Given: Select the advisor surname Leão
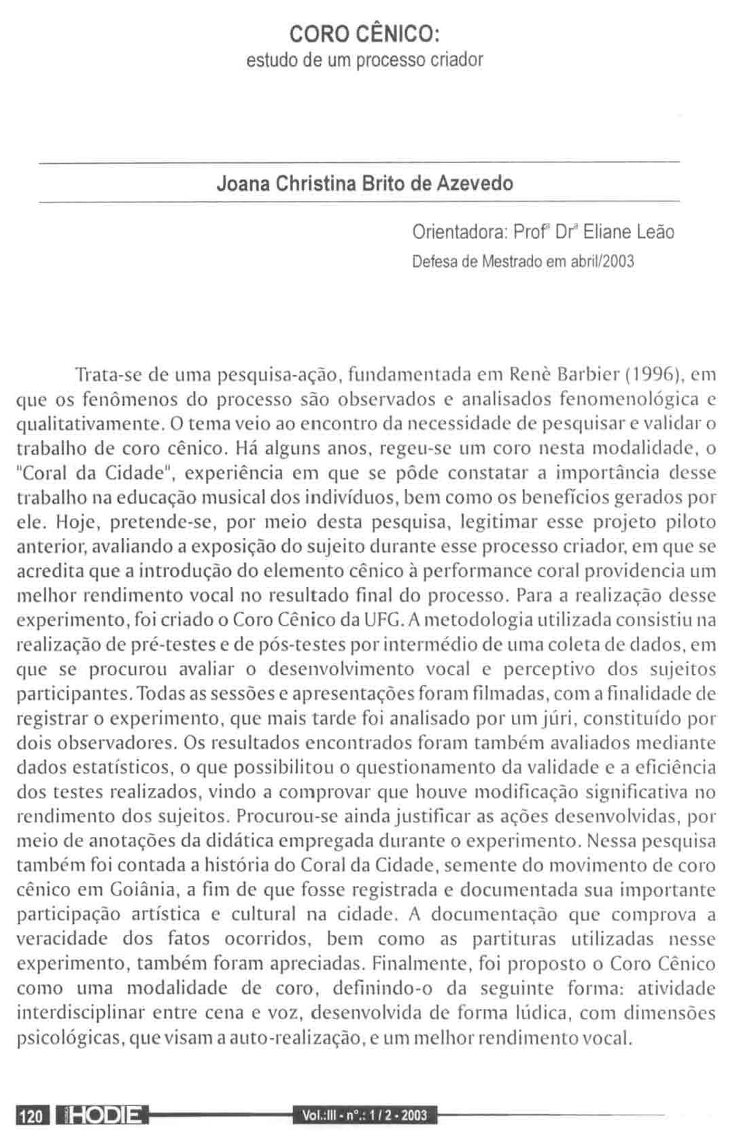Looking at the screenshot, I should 656,232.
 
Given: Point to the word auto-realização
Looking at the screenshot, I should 313,1038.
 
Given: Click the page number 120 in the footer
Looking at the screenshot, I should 32,1116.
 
